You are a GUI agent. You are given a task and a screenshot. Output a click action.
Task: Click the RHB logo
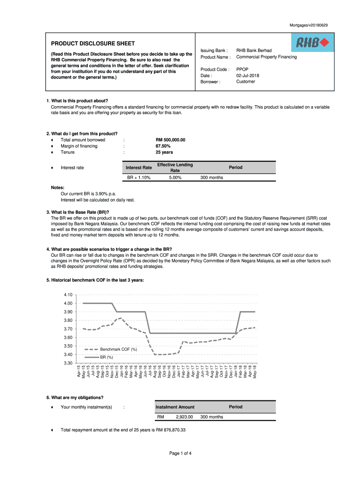pos(313,43)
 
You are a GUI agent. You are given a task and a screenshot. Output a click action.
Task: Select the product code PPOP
pos(242,69)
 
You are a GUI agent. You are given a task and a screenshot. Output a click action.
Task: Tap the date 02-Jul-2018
pos(248,75)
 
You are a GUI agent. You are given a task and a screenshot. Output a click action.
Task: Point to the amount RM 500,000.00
pos(171,140)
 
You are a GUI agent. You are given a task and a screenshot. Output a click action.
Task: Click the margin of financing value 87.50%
pos(163,146)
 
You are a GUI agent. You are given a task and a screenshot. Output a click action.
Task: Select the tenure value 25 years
pos(164,152)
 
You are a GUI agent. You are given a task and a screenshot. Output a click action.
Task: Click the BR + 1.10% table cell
pos(139,177)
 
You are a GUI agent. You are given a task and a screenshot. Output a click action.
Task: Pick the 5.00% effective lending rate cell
pos(175,177)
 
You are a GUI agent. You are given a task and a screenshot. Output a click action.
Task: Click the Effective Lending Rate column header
pos(175,167)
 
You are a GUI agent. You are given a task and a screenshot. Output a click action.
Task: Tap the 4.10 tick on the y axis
pos(68,295)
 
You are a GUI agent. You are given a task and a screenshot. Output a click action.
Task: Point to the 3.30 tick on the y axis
pos(68,363)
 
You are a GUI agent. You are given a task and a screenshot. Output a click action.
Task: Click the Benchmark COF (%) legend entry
pos(118,349)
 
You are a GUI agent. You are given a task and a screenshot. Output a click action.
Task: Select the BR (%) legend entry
pos(107,357)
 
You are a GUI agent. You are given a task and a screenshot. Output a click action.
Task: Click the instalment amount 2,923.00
pos(184,416)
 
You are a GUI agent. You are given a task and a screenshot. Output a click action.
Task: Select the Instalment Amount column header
pos(175,407)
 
